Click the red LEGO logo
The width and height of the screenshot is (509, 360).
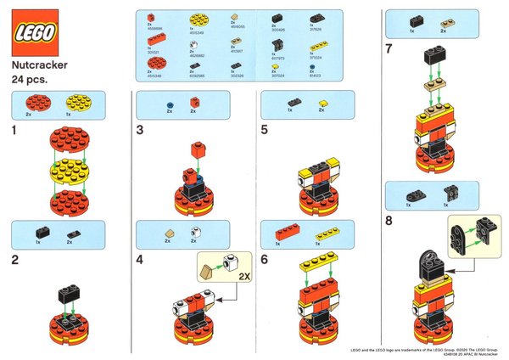(34, 33)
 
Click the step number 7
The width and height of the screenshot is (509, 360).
(389, 49)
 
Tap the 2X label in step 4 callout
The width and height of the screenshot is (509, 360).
(244, 275)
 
